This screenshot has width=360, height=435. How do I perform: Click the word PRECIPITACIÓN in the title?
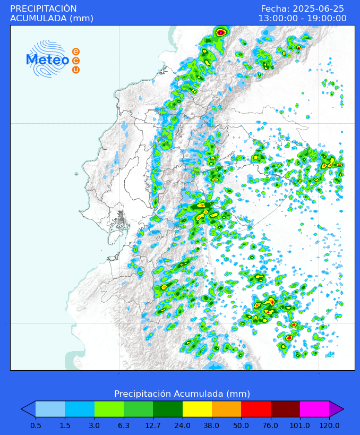(44, 8)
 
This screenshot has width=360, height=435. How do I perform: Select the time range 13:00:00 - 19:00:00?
(302, 19)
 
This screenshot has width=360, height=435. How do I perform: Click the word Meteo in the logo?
(48, 60)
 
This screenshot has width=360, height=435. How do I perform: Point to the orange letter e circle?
(76, 52)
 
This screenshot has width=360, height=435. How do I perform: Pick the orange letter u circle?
(76, 70)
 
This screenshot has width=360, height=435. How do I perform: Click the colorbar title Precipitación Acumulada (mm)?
(182, 394)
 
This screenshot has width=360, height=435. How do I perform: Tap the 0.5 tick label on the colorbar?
(36, 425)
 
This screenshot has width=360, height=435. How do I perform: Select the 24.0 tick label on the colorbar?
(183, 425)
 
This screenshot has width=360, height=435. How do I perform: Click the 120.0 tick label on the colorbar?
(329, 425)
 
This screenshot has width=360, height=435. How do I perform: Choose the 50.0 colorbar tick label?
(241, 425)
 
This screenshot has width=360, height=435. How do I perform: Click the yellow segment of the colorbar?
(197, 408)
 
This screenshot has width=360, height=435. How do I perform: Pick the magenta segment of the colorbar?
(314, 408)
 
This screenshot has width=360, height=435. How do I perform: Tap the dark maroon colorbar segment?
(285, 408)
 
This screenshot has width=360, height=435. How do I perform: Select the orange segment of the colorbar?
(226, 408)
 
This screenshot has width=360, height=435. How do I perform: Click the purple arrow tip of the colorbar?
(336, 408)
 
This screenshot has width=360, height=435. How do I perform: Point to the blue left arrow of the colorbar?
(28, 408)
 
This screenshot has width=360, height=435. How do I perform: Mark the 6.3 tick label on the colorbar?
(124, 425)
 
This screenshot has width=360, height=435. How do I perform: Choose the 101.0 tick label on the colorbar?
(300, 425)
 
